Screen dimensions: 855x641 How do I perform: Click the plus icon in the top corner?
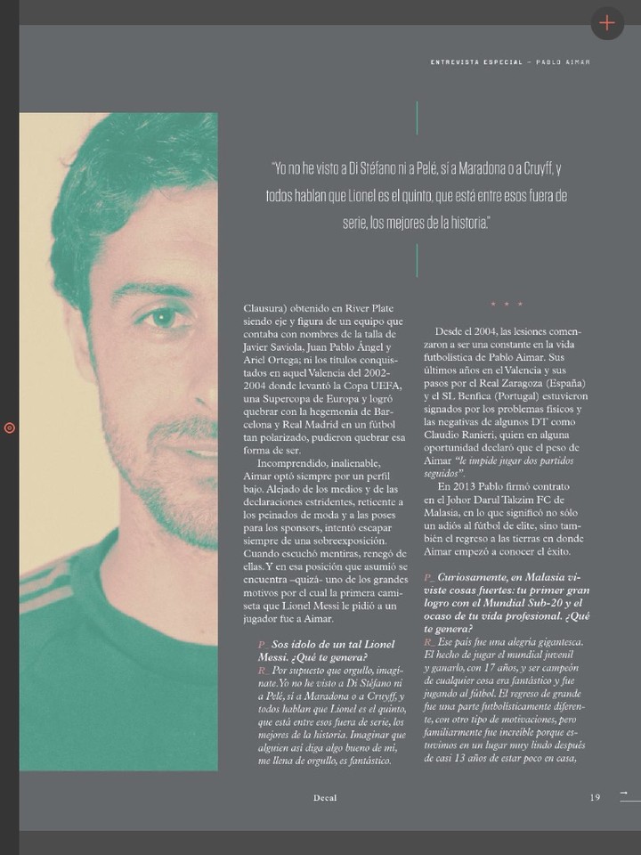(x=607, y=22)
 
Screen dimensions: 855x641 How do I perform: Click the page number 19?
(x=595, y=798)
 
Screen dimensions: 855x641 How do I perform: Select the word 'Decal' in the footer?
(x=324, y=798)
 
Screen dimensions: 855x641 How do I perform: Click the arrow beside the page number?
(x=623, y=793)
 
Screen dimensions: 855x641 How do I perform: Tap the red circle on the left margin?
(x=10, y=427)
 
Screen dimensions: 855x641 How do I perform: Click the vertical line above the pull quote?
(x=417, y=118)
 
